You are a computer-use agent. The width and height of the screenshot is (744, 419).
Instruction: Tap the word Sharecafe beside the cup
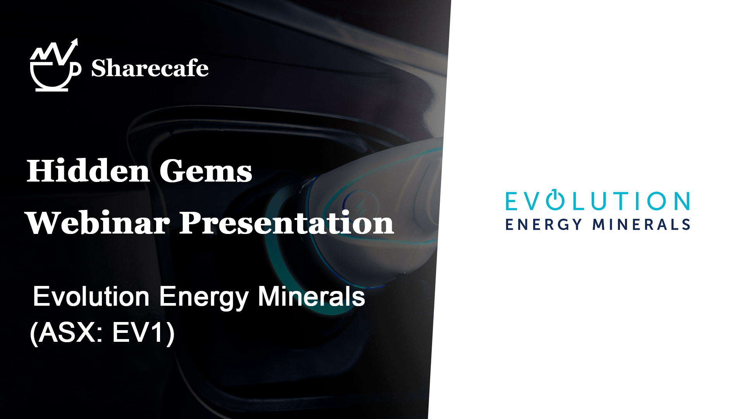150,68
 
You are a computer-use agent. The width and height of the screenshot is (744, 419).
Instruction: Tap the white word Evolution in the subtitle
91,297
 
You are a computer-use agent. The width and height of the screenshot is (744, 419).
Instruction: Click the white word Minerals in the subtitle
312,297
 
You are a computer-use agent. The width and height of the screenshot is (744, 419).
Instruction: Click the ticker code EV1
137,332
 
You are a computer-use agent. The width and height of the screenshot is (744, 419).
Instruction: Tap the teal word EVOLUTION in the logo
598,201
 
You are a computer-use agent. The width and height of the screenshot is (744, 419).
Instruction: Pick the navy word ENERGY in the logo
544,225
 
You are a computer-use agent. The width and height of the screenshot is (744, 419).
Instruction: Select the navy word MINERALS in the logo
641,225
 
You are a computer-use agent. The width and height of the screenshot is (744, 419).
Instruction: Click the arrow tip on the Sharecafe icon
76,39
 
